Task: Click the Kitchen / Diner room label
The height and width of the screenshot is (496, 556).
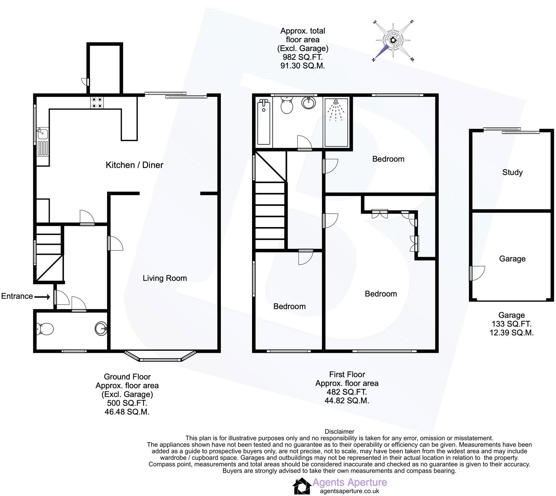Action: [134, 165]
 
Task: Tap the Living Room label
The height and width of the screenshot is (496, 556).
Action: [165, 278]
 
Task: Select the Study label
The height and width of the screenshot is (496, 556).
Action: [512, 173]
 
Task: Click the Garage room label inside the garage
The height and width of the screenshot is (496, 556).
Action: [512, 259]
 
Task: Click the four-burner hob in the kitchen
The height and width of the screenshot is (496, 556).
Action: [97, 102]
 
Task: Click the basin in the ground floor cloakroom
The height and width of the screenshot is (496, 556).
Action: [101, 328]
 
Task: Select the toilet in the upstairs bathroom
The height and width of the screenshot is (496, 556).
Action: [286, 106]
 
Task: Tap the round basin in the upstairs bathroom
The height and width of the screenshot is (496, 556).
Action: [309, 103]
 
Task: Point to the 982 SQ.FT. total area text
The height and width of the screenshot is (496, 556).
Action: [302, 57]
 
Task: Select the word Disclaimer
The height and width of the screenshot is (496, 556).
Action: [339, 432]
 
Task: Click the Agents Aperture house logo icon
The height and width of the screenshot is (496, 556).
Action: [301, 486]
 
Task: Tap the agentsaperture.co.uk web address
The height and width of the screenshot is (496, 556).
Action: [349, 491]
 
